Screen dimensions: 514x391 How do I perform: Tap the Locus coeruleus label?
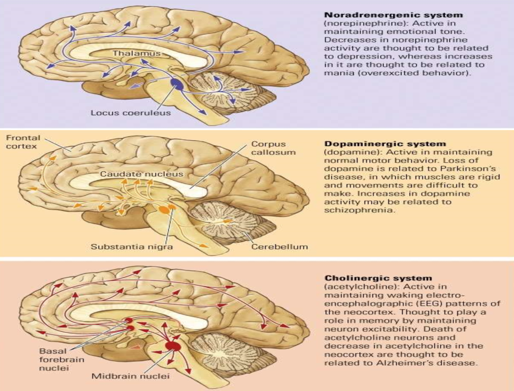(x=131, y=113)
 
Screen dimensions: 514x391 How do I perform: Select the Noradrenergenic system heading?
(x=393, y=15)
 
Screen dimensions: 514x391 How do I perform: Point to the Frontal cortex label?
(x=23, y=142)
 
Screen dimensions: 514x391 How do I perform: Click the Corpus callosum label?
(x=273, y=148)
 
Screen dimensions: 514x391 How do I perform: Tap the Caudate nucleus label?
(x=141, y=174)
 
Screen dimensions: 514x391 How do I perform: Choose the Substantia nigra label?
(x=131, y=247)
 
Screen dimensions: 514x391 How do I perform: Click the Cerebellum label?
(x=280, y=247)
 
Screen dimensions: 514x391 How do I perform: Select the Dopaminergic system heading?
(x=385, y=144)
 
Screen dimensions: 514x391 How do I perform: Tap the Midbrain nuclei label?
(x=130, y=376)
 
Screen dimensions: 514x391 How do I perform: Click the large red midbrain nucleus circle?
(x=173, y=346)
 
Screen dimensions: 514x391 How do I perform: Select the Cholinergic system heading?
(x=378, y=278)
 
